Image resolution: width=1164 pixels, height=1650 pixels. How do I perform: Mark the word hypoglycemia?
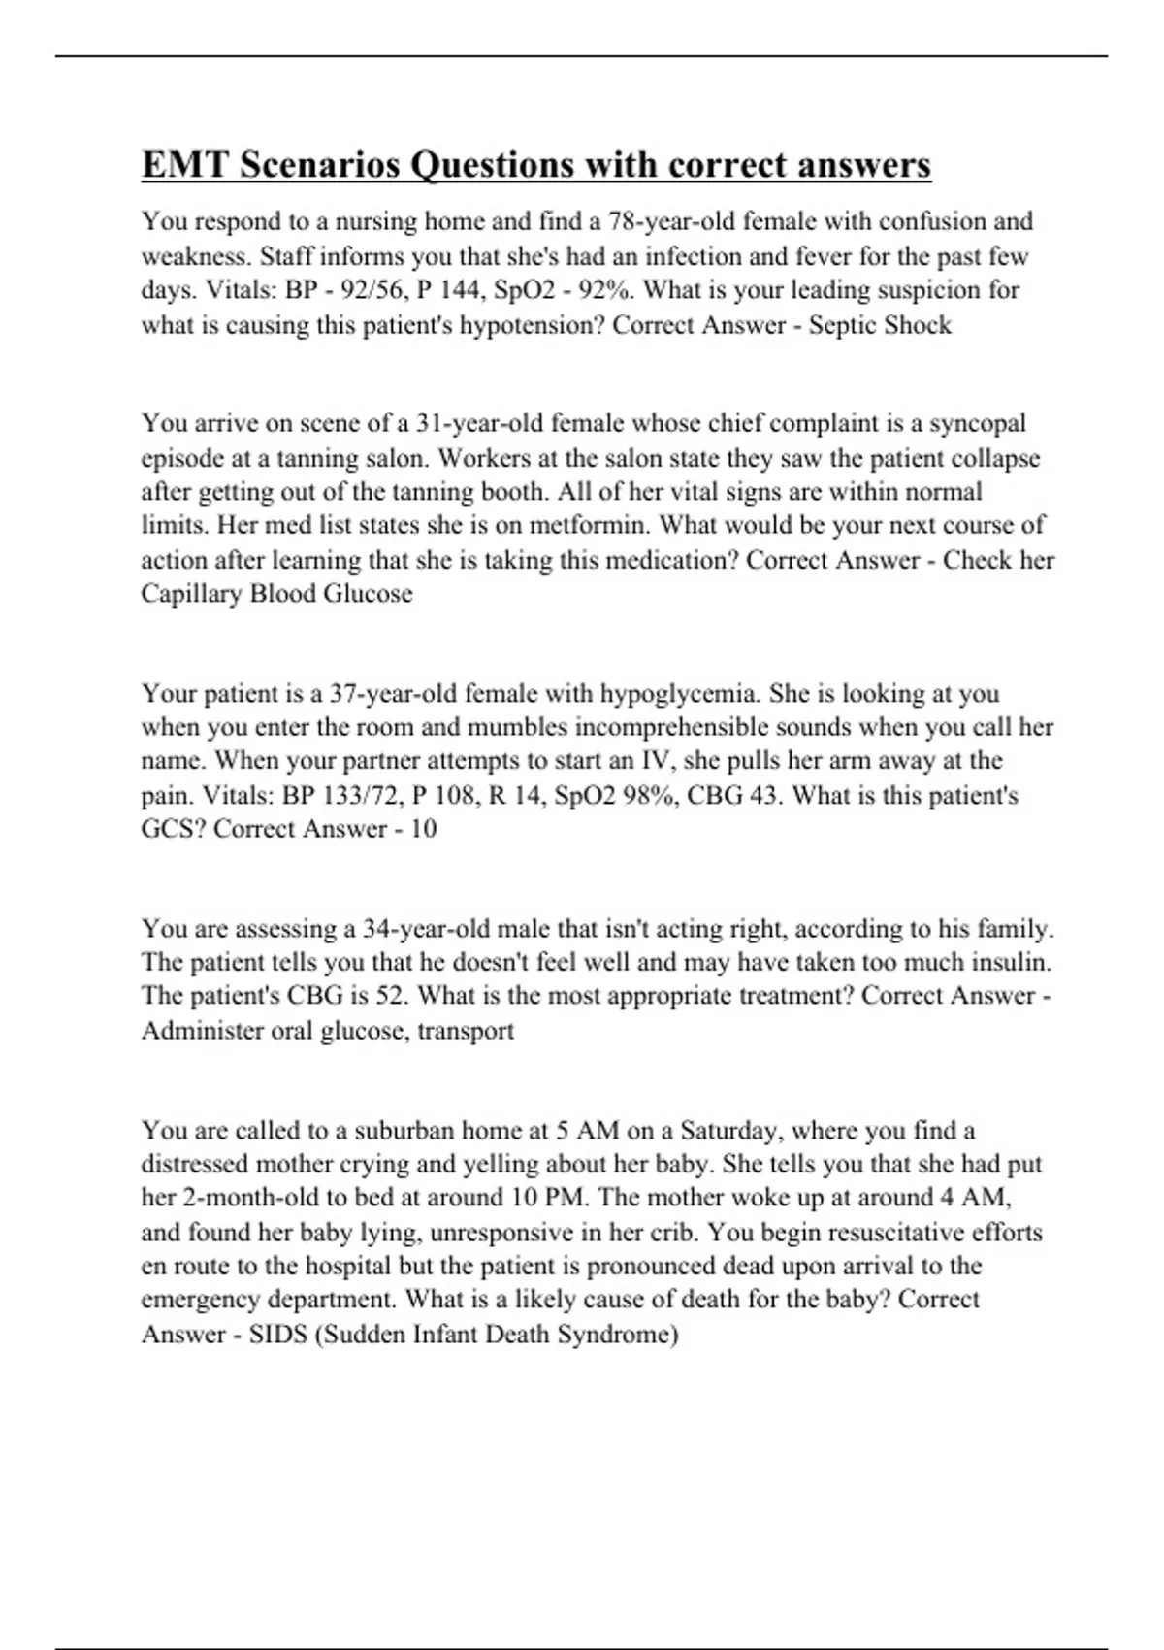point(678,694)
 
